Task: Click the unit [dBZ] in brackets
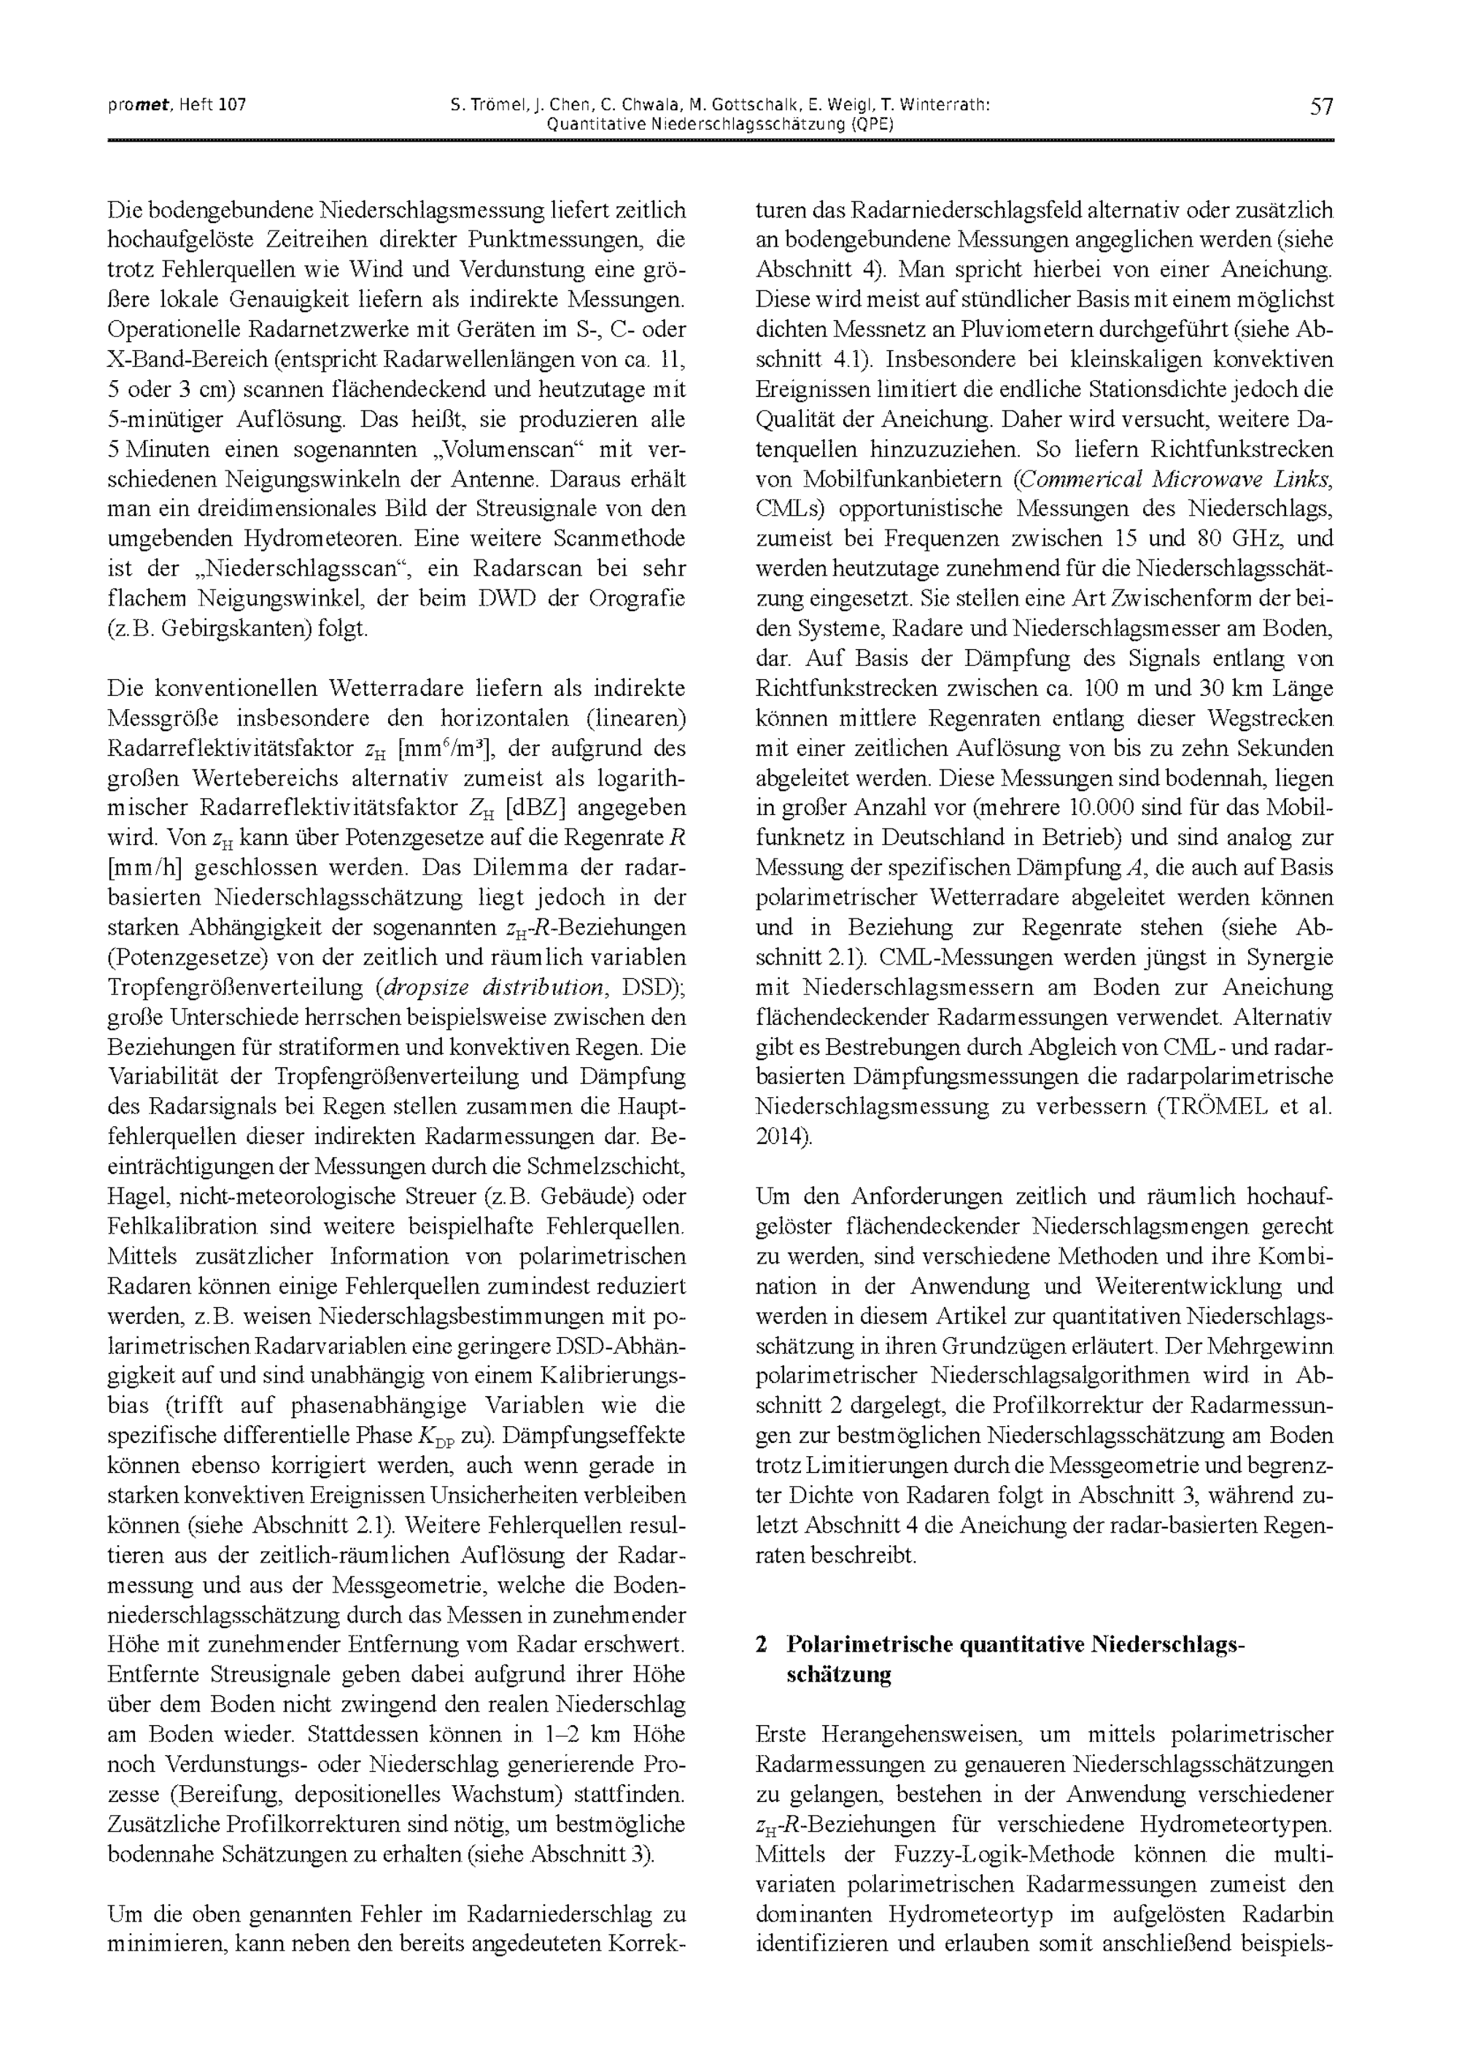click(x=535, y=808)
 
